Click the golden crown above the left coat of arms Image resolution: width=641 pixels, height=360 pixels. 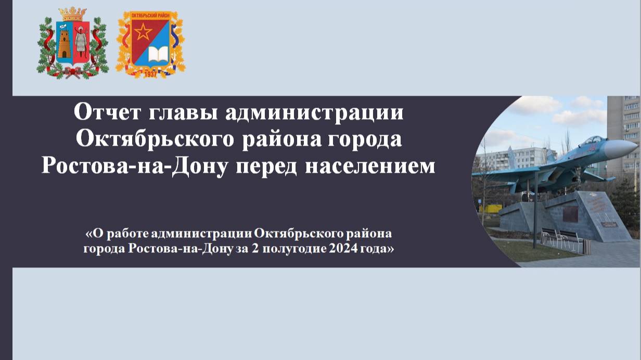tap(72, 14)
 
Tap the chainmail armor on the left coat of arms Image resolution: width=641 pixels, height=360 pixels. tap(80, 43)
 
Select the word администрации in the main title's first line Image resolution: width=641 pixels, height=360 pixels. tap(314, 112)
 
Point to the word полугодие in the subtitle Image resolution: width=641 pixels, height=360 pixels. tap(293, 249)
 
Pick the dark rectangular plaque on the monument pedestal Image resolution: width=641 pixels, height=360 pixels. tap(570, 214)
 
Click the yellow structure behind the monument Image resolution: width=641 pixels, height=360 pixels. tap(490, 208)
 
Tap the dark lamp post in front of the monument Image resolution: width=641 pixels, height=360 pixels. tap(535, 208)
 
